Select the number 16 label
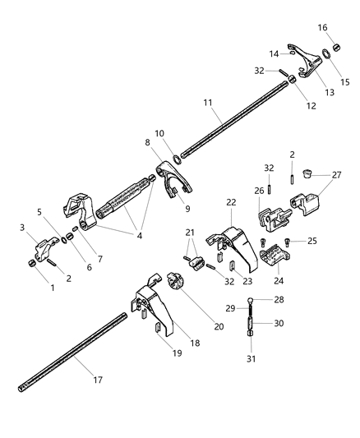(322, 28)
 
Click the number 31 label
(252, 359)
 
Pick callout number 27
(335, 175)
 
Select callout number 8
(149, 143)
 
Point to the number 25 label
(312, 241)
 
